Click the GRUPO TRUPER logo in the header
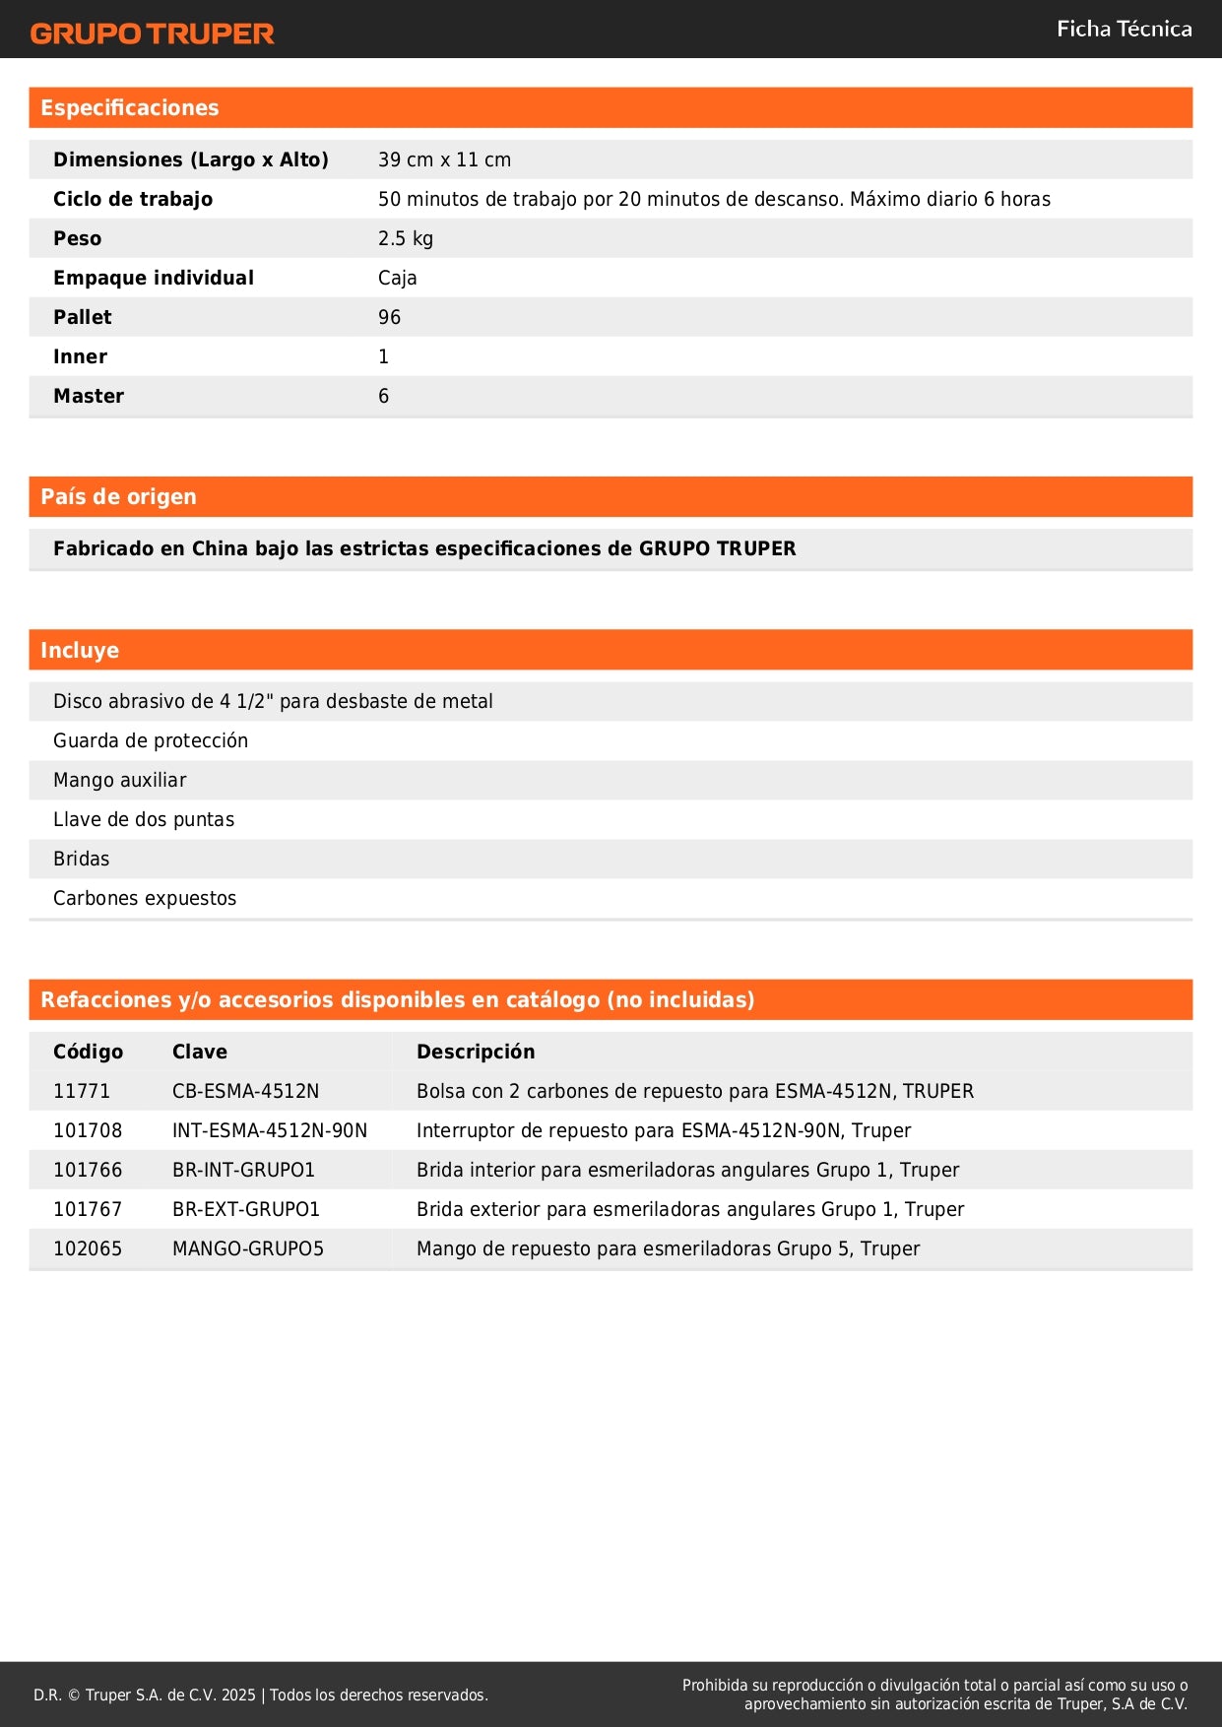(152, 33)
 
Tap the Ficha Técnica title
(1124, 30)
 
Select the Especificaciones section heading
(130, 108)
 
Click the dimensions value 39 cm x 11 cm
(444, 160)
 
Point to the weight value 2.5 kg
(405, 238)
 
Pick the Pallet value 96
(389, 317)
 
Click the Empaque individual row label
(154, 278)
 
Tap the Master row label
(89, 396)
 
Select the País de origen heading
(118, 497)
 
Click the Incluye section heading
(80, 651)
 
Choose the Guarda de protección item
(151, 740)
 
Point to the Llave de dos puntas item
(144, 819)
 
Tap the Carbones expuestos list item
(145, 898)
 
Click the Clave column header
(200, 1052)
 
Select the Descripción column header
(476, 1052)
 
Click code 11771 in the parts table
(82, 1091)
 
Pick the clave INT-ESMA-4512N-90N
(270, 1130)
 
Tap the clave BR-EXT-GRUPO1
(246, 1209)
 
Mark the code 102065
(88, 1248)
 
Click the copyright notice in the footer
(261, 1695)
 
